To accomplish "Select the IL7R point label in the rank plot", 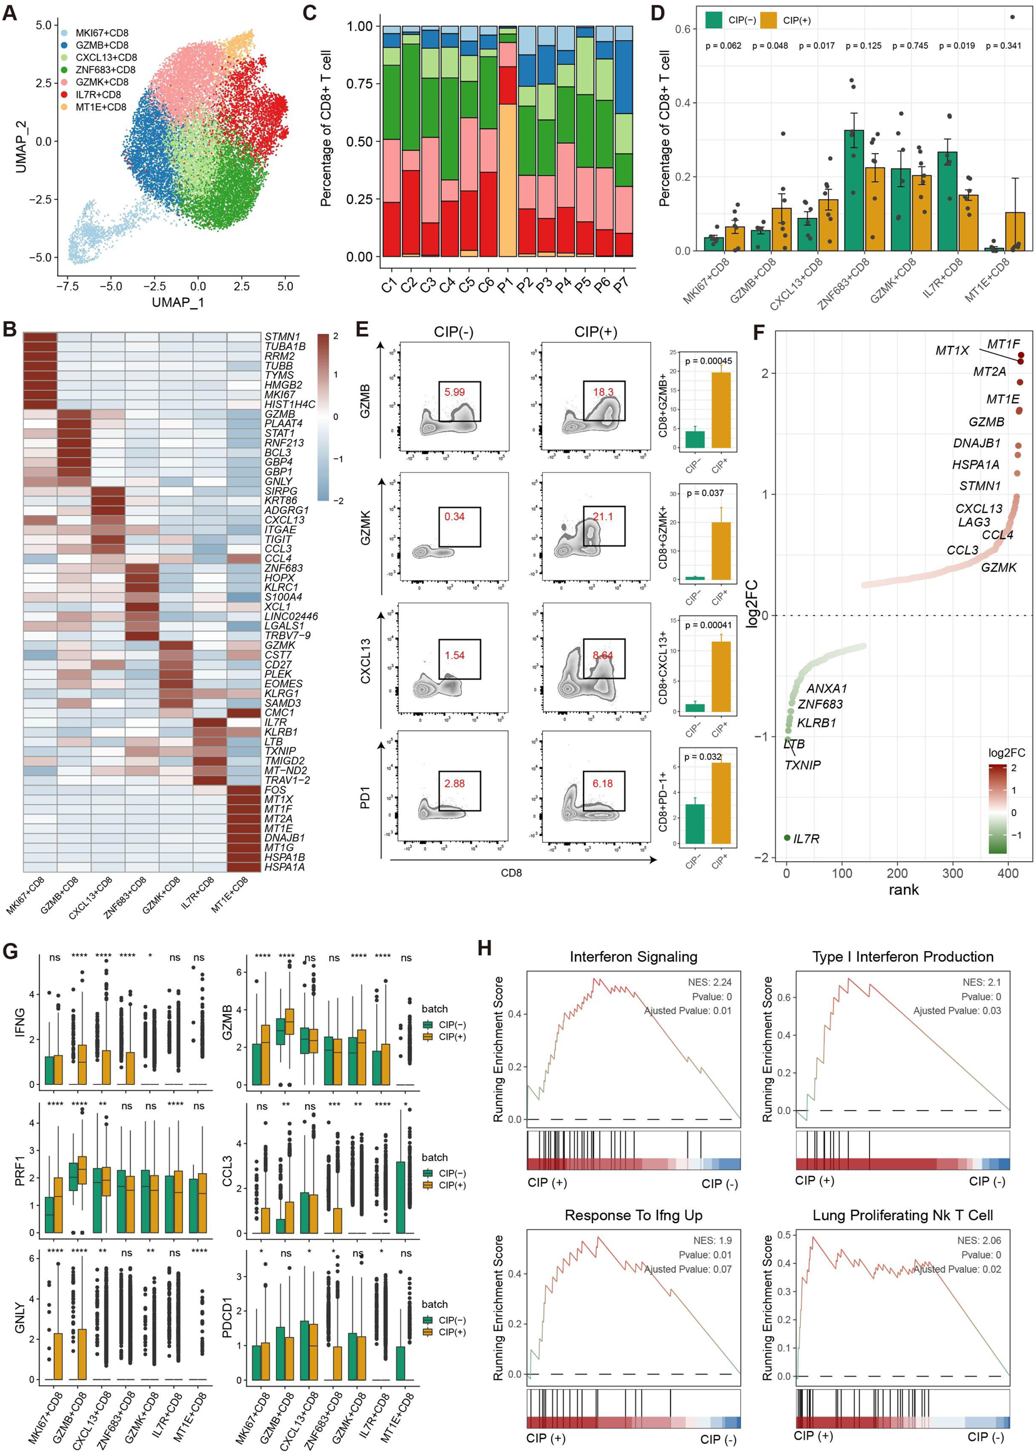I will click(x=806, y=839).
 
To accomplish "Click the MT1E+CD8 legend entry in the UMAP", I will click(x=101, y=107).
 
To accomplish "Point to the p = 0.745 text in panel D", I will click(x=910, y=46).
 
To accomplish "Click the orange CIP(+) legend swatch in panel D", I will click(x=769, y=20).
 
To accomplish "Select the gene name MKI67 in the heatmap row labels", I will click(x=280, y=394).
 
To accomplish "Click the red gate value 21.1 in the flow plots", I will click(x=602, y=516).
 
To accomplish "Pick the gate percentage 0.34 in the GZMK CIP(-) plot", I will click(x=454, y=516).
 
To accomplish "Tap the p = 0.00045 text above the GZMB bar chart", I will click(x=708, y=361).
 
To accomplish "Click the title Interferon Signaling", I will click(x=633, y=956).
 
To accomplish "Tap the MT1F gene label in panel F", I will click(x=1003, y=344).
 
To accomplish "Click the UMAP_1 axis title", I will click(x=177, y=302).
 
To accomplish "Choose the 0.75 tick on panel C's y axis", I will click(x=359, y=83).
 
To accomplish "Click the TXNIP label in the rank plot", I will click(x=803, y=765).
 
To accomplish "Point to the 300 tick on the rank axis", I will click(x=953, y=873).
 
